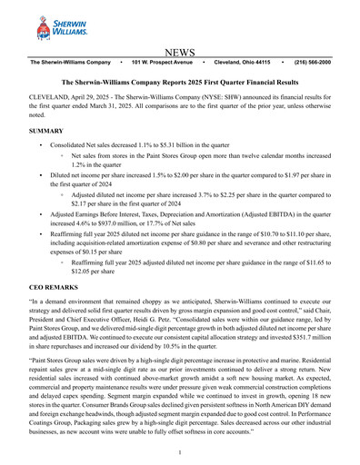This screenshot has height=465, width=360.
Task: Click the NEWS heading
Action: (x=180, y=54)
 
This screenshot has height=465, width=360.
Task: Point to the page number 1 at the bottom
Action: (x=180, y=452)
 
